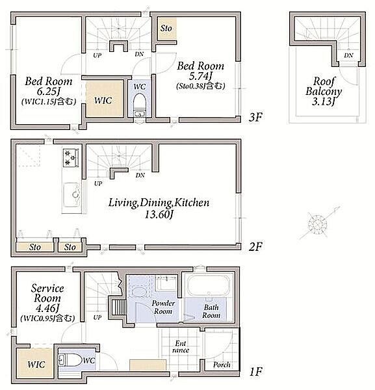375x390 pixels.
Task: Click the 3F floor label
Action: tap(255, 117)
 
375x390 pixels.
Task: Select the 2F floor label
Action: tap(255, 246)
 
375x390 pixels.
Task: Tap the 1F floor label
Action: tap(255, 372)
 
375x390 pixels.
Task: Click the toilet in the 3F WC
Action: tap(139, 105)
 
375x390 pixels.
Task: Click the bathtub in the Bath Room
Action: tap(208, 285)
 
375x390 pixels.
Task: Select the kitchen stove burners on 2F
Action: tap(71, 158)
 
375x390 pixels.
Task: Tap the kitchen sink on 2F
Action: tap(71, 195)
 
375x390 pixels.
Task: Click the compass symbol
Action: tap(318, 224)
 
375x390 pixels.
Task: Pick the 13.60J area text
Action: tap(159, 214)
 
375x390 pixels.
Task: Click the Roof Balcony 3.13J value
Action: tap(323, 101)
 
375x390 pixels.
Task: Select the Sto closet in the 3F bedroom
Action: tap(168, 29)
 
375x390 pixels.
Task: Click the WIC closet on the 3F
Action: tap(105, 98)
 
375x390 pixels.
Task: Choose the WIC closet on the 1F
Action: tap(35, 363)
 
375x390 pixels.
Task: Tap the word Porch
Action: tap(222, 365)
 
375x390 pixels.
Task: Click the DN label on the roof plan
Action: tap(348, 55)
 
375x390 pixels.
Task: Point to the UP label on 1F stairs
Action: tap(97, 317)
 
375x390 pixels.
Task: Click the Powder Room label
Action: tap(163, 307)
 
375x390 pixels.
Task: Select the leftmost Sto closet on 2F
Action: tap(35, 247)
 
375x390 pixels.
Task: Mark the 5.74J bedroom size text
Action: tap(200, 76)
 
